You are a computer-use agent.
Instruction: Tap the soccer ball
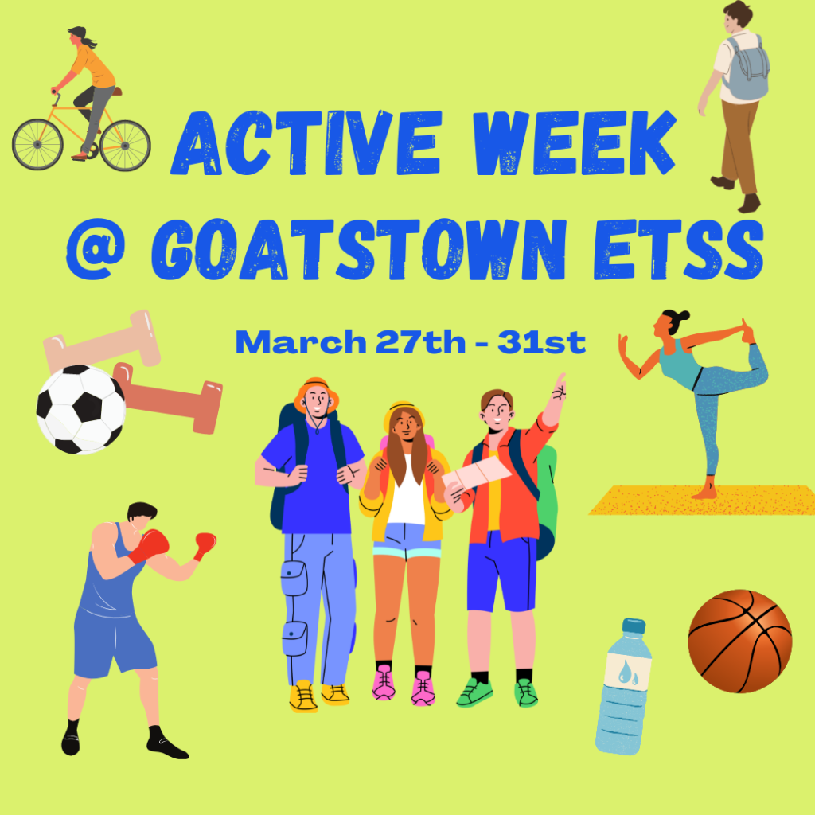[x=80, y=409]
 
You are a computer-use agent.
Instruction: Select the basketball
[x=739, y=641]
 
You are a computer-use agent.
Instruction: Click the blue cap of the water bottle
[x=634, y=626]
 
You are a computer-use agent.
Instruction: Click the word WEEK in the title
[x=575, y=143]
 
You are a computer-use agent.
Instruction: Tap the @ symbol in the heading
[x=96, y=249]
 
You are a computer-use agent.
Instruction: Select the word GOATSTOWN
[x=359, y=250]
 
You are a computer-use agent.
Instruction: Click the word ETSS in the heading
[x=678, y=250]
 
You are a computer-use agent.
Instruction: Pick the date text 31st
[x=541, y=342]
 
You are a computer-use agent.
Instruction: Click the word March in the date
[x=301, y=342]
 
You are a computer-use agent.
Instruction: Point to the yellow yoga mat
[x=703, y=500]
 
